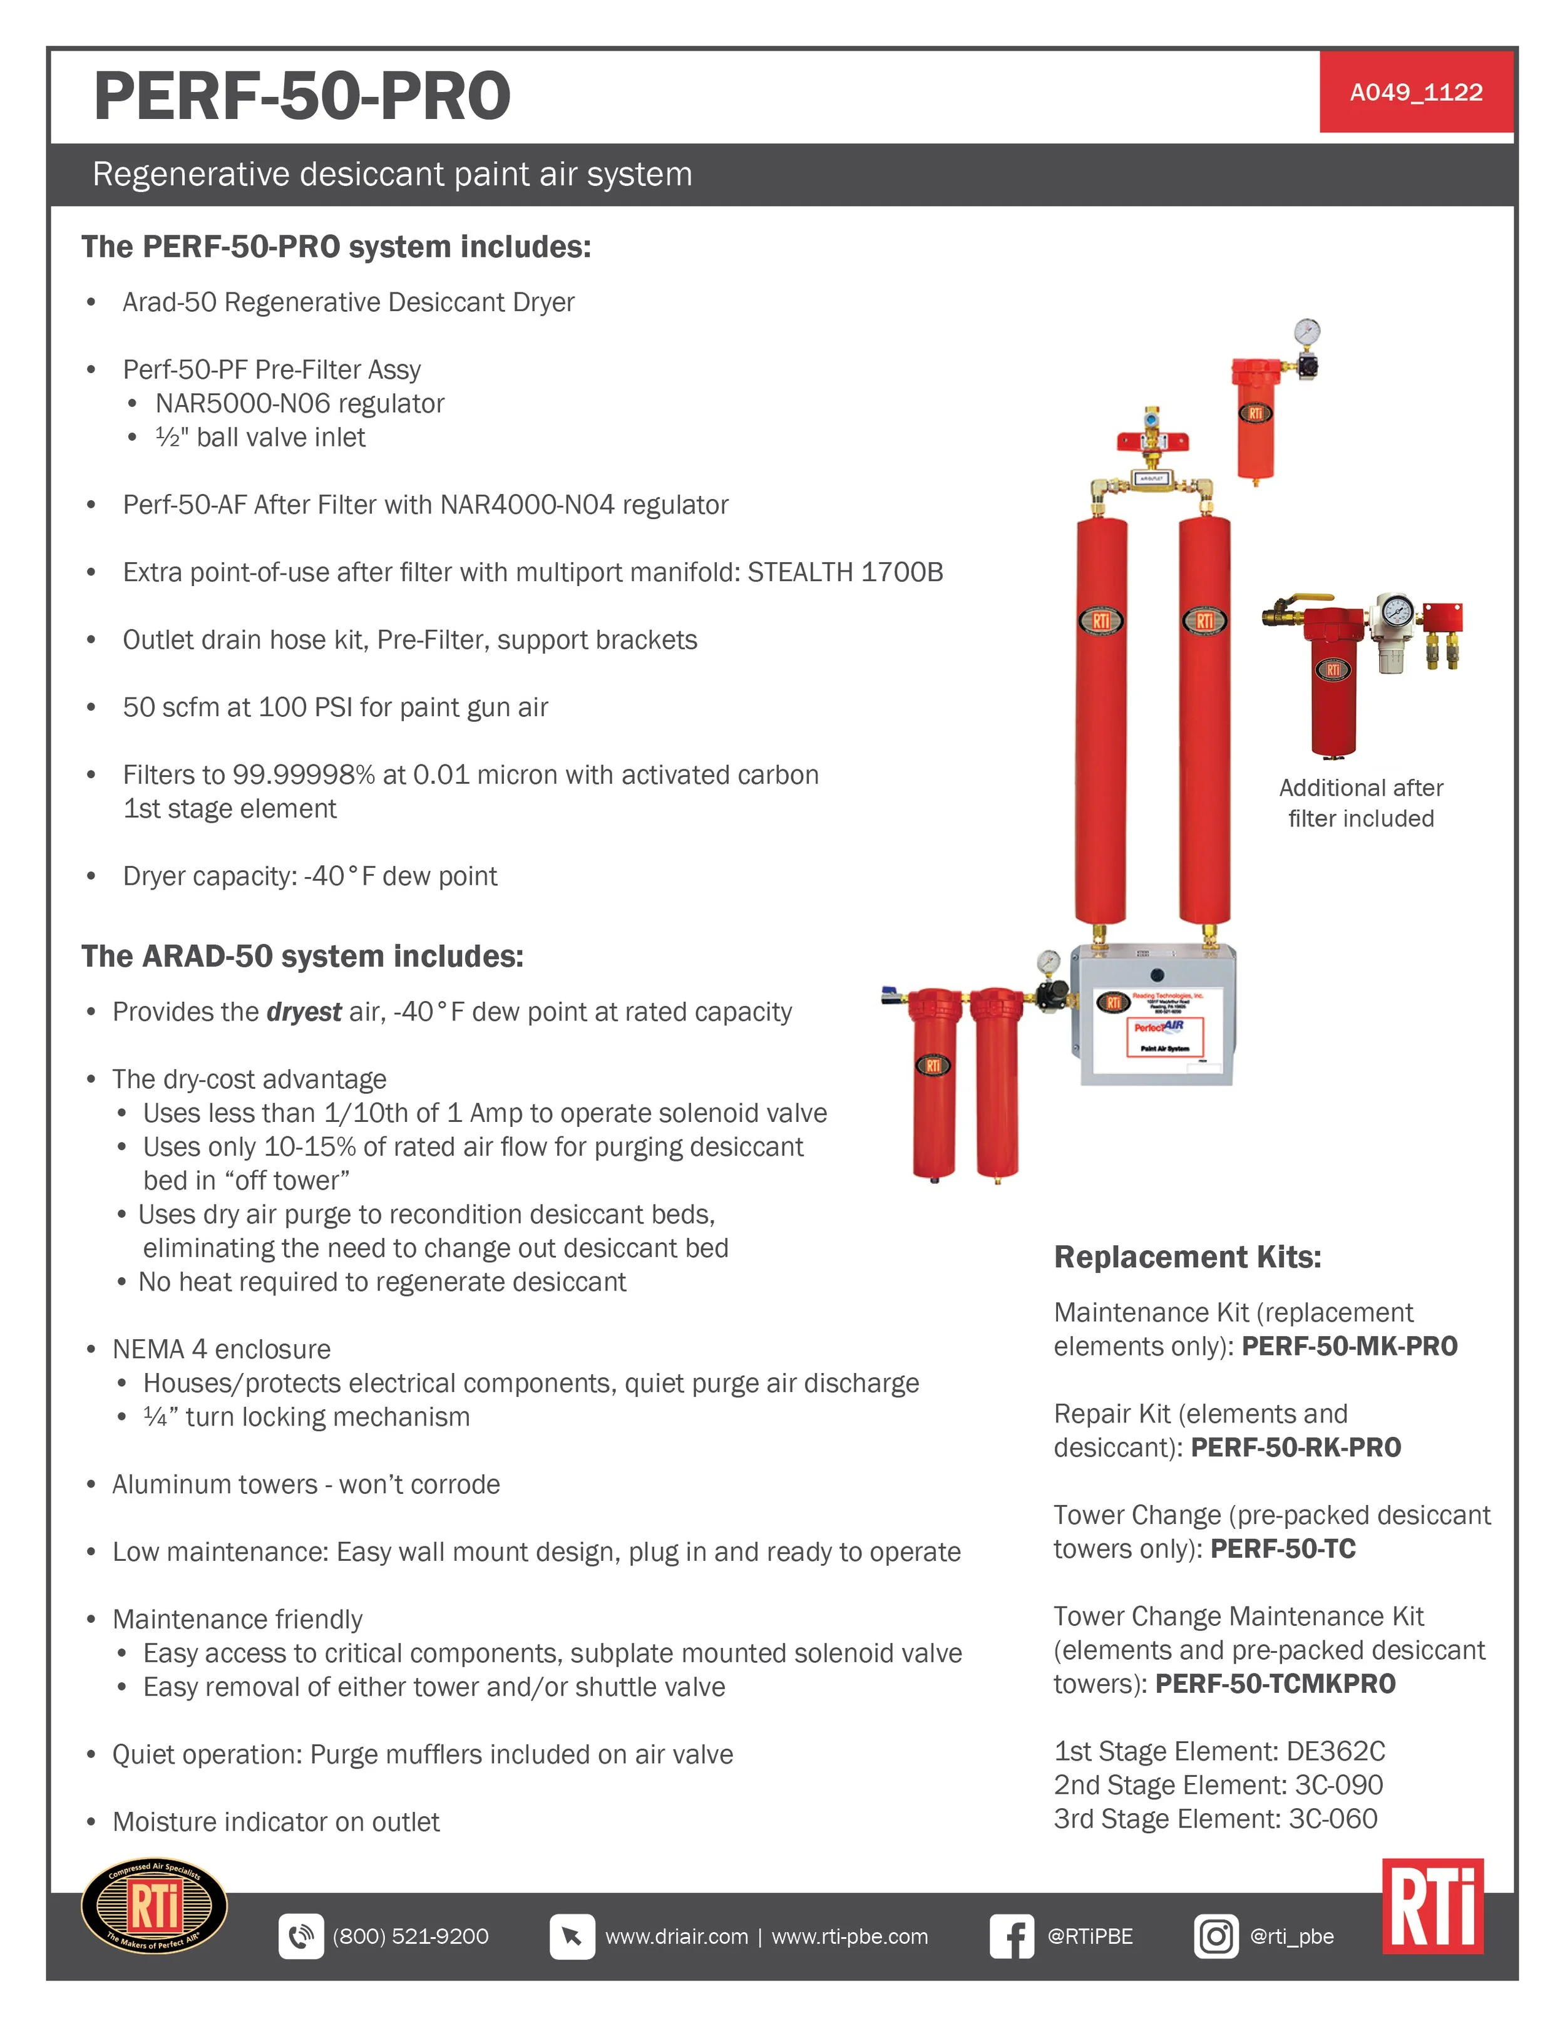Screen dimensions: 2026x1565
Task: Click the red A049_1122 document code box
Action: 1415,92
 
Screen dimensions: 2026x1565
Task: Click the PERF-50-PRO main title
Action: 302,96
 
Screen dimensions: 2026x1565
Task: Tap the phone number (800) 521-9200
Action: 410,1936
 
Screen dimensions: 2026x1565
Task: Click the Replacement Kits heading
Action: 1188,1257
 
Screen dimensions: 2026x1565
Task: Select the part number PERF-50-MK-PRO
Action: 1350,1346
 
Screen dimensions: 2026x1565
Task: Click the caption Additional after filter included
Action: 1361,803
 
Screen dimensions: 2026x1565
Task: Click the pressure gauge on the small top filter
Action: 1306,331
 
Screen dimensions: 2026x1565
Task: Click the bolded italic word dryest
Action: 304,1012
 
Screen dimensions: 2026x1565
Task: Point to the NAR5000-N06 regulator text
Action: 300,404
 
